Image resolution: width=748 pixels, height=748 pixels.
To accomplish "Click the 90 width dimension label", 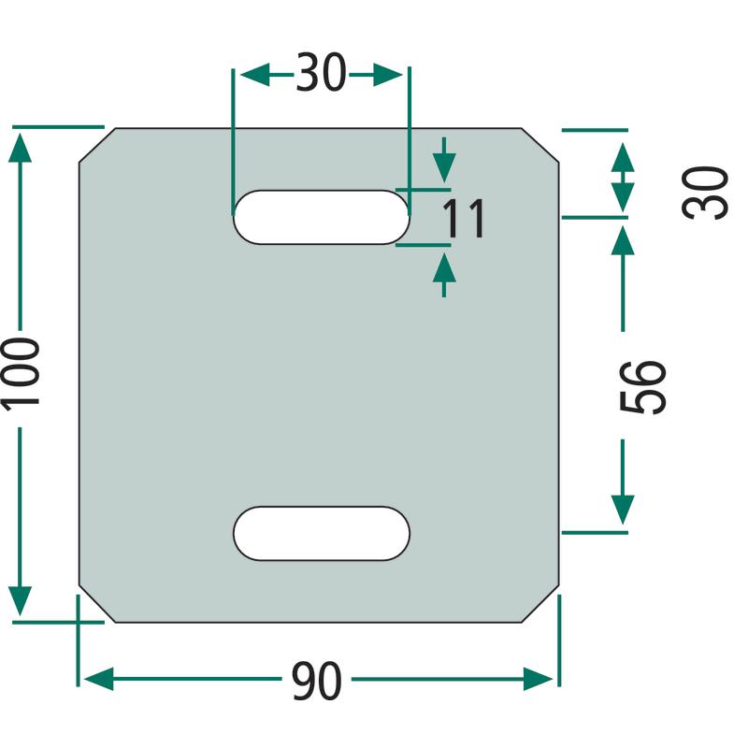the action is [x=316, y=681].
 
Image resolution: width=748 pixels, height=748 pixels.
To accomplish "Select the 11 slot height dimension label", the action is [x=464, y=218].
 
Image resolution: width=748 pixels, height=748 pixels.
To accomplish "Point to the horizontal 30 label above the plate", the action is [x=321, y=73].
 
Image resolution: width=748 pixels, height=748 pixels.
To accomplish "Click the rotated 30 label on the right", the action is [x=705, y=193].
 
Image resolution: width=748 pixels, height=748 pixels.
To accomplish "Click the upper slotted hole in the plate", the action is [x=321, y=217].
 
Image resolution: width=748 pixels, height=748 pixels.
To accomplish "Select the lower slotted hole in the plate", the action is [x=321, y=533].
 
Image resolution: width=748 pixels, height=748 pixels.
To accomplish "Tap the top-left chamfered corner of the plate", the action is [x=97, y=146].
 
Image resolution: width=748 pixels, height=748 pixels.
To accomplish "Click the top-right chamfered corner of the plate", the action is [x=540, y=146].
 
